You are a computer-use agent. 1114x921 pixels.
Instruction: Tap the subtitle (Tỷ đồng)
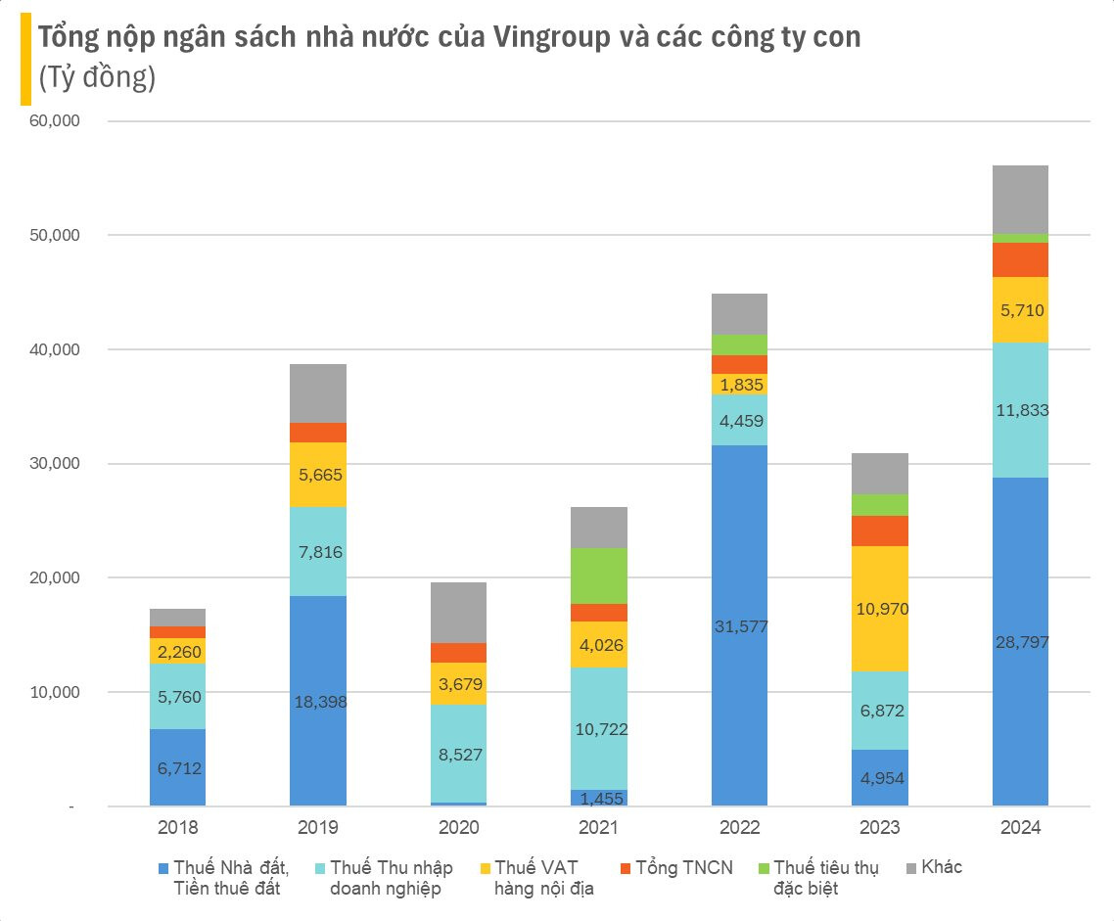[97, 77]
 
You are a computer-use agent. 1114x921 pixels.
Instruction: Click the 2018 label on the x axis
[177, 827]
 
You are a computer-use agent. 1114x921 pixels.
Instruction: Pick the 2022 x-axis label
[739, 827]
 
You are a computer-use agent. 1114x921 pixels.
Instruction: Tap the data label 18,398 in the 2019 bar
[318, 702]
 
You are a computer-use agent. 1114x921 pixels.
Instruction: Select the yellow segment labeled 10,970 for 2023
[880, 608]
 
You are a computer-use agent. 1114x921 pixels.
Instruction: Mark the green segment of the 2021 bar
[599, 576]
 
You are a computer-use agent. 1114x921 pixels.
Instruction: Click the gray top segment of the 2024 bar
[1020, 200]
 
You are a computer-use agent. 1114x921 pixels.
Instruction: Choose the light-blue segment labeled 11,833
[1020, 410]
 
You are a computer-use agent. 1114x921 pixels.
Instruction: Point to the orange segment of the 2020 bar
[458, 653]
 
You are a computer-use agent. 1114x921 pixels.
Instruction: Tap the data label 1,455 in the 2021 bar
[599, 799]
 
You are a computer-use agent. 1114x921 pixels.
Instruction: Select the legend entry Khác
[941, 868]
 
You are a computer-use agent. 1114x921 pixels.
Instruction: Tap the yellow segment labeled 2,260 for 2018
[177, 651]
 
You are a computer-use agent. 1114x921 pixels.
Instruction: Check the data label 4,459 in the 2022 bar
[739, 421]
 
